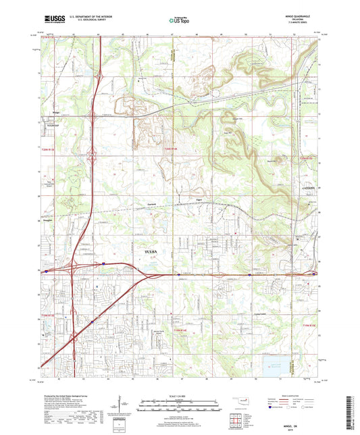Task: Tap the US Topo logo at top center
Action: click(176, 22)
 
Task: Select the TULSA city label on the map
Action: click(152, 251)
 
